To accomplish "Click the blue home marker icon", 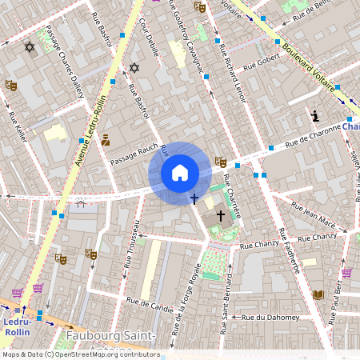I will (x=180, y=173).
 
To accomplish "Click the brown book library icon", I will (x=318, y=295).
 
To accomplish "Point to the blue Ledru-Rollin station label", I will (x=17, y=326).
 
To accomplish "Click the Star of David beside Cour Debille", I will (x=134, y=68).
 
